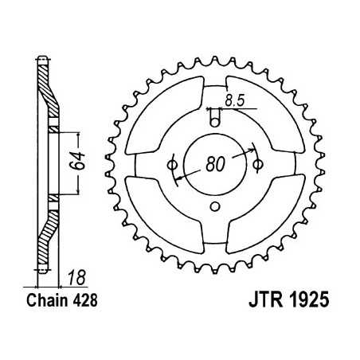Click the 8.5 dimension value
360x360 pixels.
pyautogui.click(x=233, y=101)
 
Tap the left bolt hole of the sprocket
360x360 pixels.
pyautogui.click(x=171, y=164)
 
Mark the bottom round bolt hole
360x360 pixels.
pyautogui.click(x=214, y=207)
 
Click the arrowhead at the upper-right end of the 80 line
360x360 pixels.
pyautogui.click(x=252, y=148)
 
